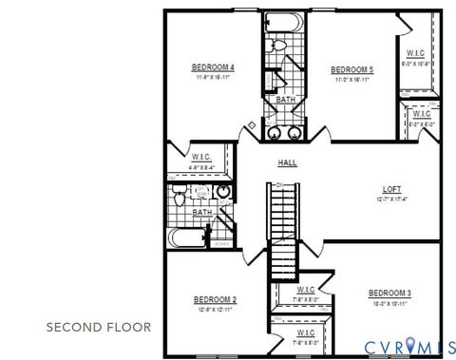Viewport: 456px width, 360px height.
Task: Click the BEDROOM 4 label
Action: click(213, 66)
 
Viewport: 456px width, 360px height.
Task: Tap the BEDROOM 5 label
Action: click(351, 69)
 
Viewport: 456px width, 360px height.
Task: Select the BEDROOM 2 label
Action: click(214, 300)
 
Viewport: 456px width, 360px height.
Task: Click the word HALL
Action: click(287, 162)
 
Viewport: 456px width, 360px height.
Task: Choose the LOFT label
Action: click(391, 189)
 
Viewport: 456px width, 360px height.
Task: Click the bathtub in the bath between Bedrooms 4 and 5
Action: click(285, 22)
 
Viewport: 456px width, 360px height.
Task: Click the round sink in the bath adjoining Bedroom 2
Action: click(223, 193)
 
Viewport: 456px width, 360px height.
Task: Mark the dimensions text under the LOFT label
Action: click(391, 199)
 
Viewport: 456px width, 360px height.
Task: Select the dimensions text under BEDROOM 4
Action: click(213, 78)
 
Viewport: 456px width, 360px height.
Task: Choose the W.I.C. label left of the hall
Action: click(200, 157)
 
